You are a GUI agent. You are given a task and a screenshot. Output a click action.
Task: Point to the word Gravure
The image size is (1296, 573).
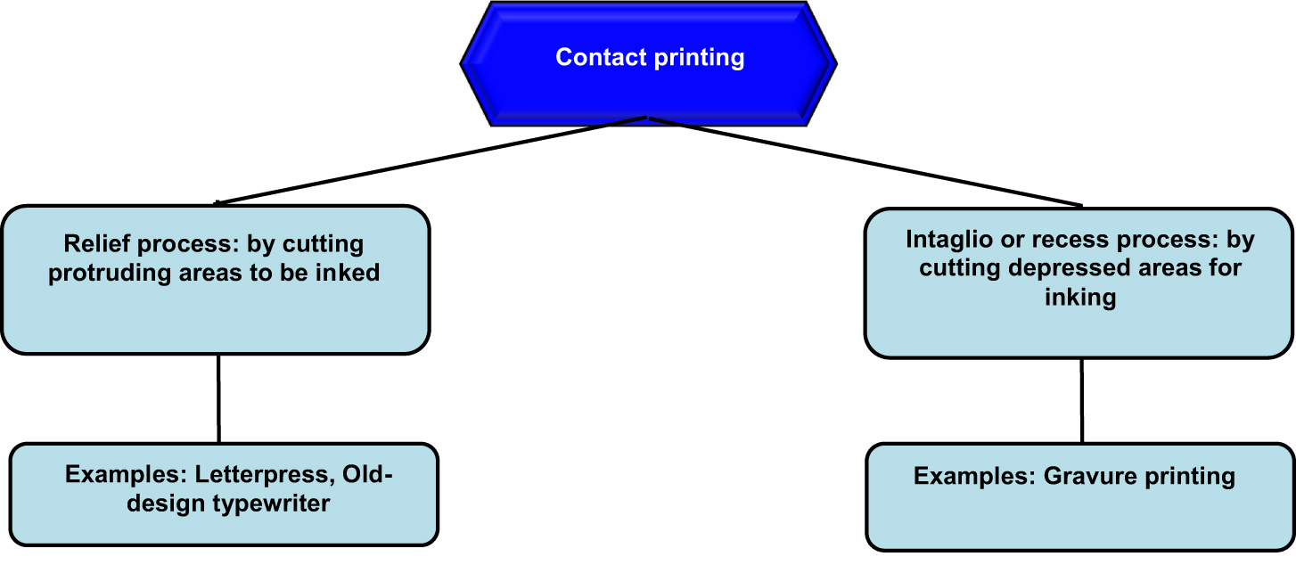(1084, 476)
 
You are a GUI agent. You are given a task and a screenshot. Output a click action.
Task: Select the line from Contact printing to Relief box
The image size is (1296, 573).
(428, 160)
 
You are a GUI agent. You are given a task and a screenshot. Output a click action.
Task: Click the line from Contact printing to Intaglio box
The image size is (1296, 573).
(865, 161)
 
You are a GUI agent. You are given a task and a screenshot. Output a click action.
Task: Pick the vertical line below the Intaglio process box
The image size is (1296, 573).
(1082, 401)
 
